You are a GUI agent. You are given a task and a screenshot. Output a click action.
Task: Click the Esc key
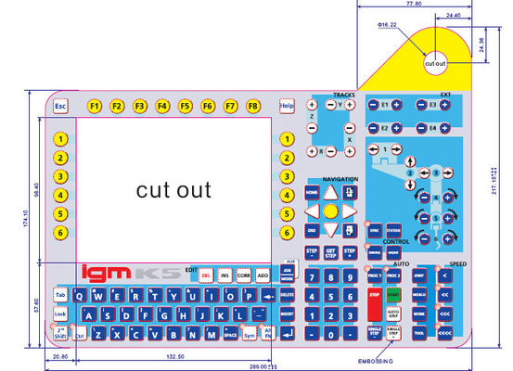(x=60, y=107)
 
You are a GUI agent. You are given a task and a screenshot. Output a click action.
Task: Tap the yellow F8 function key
(x=252, y=107)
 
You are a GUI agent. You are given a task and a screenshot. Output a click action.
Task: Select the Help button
(x=287, y=107)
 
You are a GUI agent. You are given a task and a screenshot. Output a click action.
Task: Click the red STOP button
(x=375, y=295)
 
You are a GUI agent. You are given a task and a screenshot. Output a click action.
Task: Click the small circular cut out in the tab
(x=436, y=63)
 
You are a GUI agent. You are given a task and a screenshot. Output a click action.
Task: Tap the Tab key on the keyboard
(x=60, y=295)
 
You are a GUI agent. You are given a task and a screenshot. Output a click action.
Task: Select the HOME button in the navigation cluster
(x=312, y=191)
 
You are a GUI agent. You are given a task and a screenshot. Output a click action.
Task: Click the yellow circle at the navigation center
(x=330, y=211)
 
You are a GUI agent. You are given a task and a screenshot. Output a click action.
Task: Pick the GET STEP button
(x=330, y=251)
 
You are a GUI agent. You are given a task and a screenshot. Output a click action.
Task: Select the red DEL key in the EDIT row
(x=205, y=276)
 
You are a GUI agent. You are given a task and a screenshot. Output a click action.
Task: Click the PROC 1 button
(x=375, y=276)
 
